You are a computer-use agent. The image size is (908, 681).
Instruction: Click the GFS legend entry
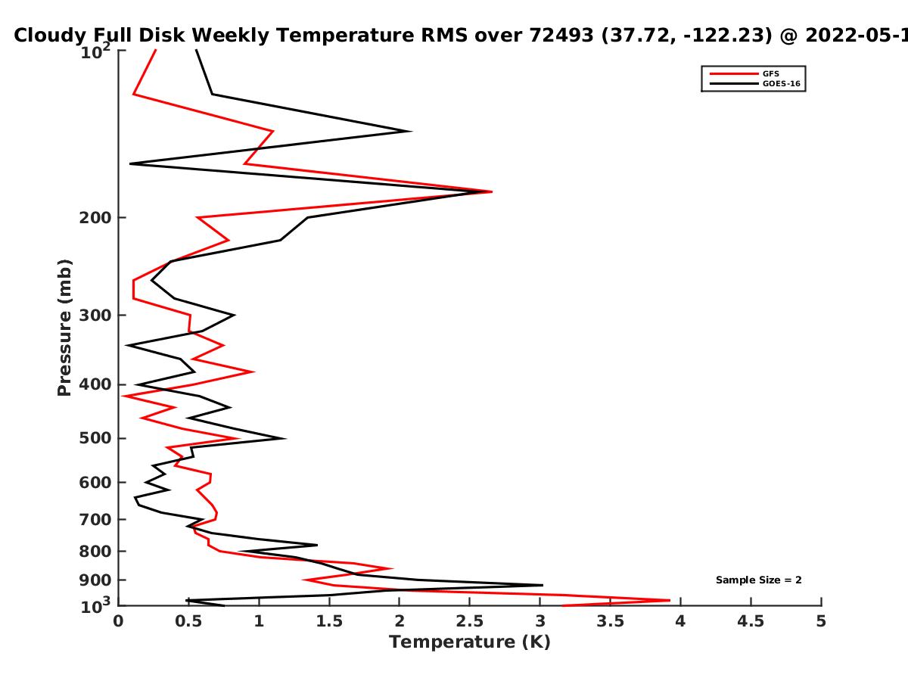745,73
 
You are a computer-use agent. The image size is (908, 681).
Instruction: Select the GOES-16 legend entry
755,83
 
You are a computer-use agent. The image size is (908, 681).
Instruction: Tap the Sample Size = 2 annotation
758,580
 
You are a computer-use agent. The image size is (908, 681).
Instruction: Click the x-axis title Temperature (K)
470,642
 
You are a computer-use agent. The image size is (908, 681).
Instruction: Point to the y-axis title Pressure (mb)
64,328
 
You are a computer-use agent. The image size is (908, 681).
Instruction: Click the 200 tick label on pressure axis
95,217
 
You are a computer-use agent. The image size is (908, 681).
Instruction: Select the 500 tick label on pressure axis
95,438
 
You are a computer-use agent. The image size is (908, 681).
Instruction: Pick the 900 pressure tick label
95,580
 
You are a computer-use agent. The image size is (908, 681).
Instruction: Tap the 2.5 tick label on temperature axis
470,621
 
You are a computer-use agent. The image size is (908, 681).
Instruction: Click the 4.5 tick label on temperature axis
751,621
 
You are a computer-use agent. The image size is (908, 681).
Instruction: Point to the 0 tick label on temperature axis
118,621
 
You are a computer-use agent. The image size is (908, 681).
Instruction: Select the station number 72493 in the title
561,35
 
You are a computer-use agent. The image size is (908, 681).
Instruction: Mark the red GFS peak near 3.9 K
670,600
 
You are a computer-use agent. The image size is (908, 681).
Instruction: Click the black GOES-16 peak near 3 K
543,585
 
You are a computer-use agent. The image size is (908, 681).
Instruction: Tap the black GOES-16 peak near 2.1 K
411,132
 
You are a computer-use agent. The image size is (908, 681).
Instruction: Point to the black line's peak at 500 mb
285,438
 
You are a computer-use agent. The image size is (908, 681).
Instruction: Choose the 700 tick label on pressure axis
95,519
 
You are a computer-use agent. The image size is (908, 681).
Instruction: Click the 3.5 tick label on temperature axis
610,621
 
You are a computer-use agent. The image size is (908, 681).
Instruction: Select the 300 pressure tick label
95,315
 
